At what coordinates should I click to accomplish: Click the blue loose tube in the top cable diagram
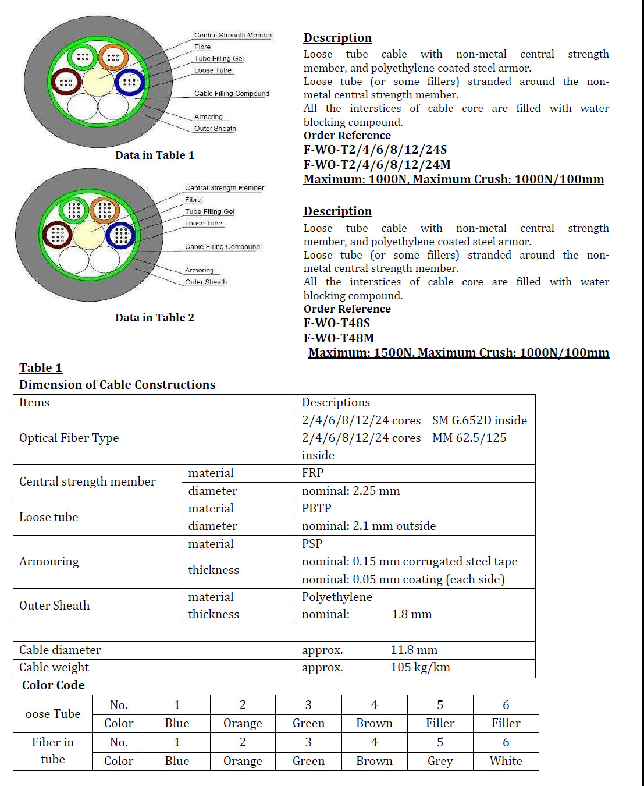(129, 82)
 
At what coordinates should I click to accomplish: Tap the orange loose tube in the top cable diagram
(113, 57)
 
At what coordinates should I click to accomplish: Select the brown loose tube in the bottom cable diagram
(57, 235)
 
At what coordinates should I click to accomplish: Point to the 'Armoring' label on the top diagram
(208, 117)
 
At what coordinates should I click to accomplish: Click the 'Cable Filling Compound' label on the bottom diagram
(222, 247)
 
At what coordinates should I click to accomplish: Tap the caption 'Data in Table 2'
(155, 317)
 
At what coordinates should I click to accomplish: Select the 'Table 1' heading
(41, 368)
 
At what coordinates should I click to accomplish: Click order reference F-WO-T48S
(336, 323)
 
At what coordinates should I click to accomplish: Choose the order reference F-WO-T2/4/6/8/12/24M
(376, 165)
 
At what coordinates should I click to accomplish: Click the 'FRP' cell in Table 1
(312, 473)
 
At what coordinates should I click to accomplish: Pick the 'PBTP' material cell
(316, 508)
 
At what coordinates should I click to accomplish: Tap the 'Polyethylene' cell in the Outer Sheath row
(337, 597)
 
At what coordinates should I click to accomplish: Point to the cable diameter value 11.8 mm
(414, 650)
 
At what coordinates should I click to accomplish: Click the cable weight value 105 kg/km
(420, 667)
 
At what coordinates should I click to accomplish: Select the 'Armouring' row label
(49, 561)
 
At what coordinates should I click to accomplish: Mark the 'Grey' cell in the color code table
(440, 761)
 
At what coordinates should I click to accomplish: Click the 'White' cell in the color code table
(506, 761)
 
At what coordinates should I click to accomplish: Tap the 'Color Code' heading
(54, 685)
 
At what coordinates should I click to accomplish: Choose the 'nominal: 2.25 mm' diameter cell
(351, 491)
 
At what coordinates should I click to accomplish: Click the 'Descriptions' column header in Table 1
(336, 402)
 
